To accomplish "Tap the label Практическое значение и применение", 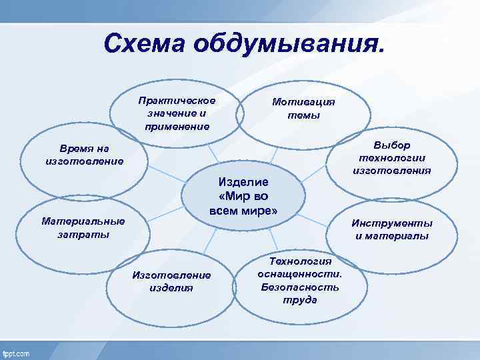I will pyautogui.click(x=177, y=113).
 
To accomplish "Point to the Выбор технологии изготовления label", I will pyautogui.click(x=392, y=158).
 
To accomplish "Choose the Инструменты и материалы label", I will pyautogui.click(x=392, y=229).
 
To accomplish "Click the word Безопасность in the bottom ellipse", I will pyautogui.click(x=300, y=287).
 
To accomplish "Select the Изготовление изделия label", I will pyautogui.click(x=171, y=281).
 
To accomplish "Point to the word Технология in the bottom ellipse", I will pyautogui.click(x=300, y=262).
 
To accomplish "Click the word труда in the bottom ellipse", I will pyautogui.click(x=300, y=300).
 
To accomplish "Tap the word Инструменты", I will pyautogui.click(x=392, y=223).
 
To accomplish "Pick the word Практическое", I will pyautogui.click(x=177, y=101).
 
